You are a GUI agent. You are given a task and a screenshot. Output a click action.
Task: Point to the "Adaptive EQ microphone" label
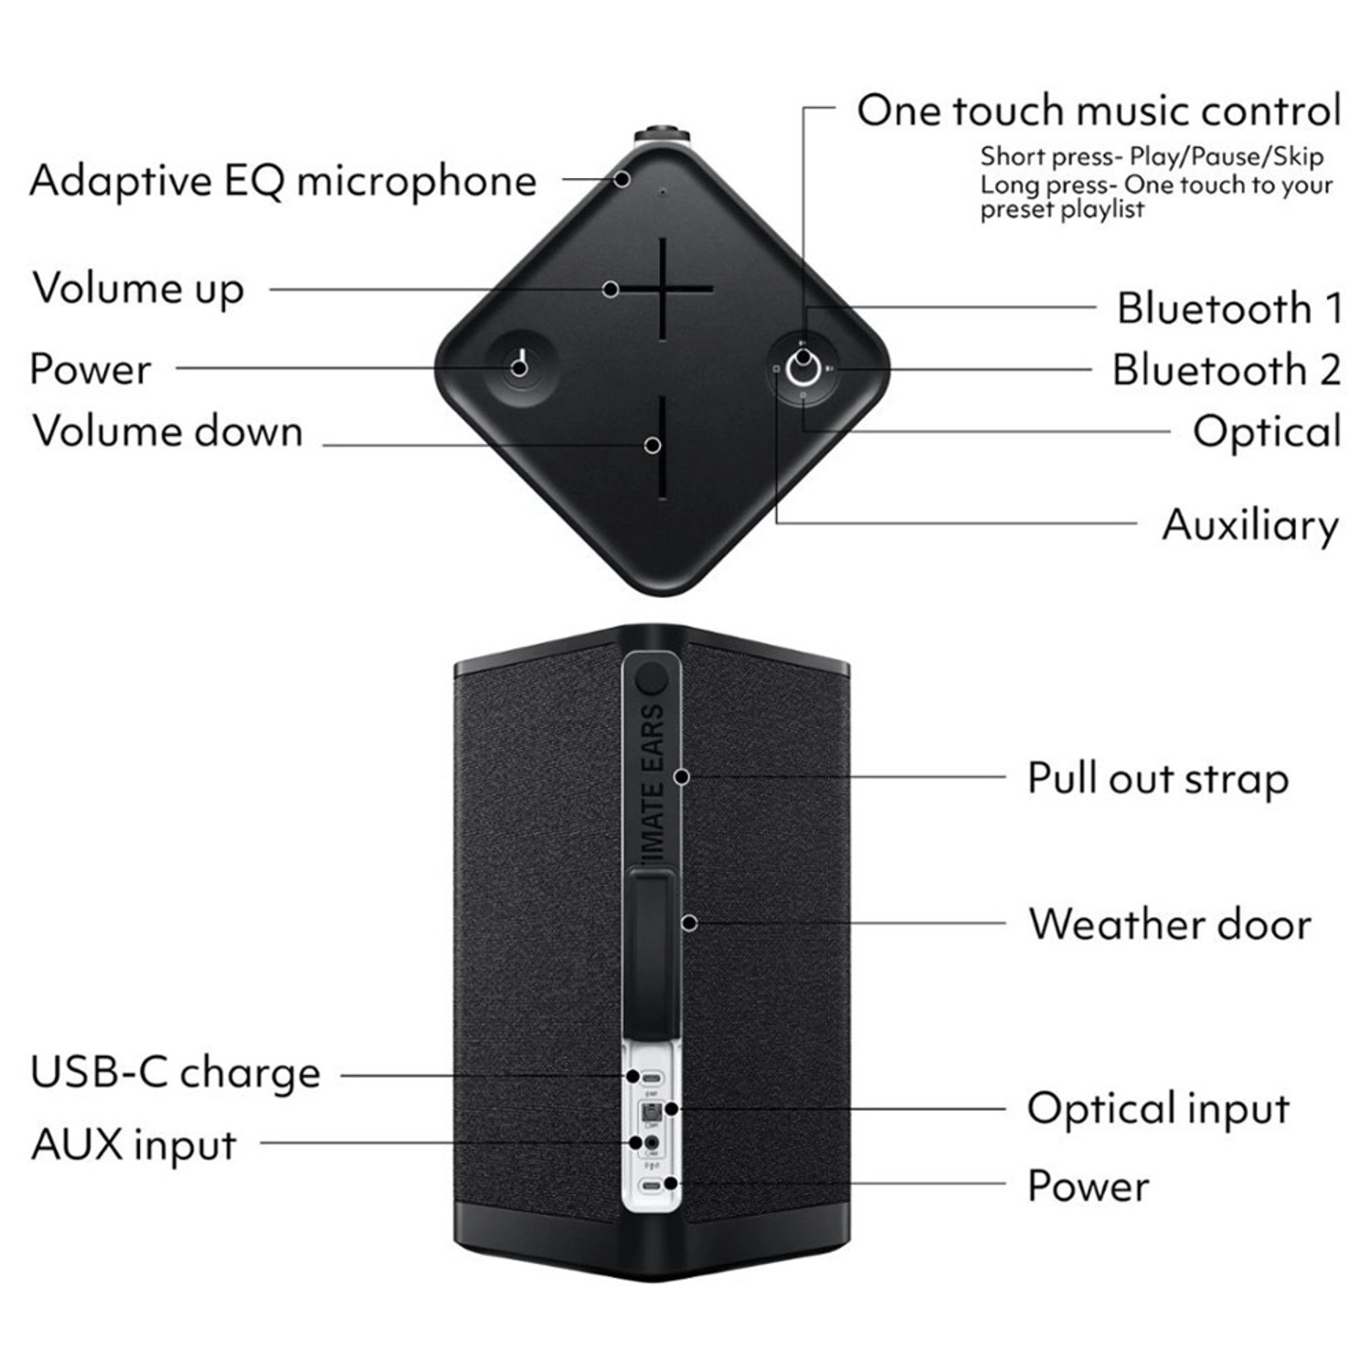pos(282,180)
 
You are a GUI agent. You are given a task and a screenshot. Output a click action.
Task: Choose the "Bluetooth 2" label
pos(1227,369)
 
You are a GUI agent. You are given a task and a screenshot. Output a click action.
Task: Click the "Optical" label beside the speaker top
pos(1267,431)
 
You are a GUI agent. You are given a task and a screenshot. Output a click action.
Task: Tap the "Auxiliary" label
pos(1250,525)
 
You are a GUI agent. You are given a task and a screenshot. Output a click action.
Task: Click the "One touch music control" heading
pos(1099,111)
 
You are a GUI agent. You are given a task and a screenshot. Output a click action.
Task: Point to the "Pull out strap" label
pos(1158,779)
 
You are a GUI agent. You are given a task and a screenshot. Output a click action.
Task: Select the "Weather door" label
pos(1170,923)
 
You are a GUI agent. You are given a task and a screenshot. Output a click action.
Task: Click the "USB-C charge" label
pos(175,1072)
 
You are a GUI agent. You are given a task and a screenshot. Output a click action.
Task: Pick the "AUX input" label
pos(133,1144)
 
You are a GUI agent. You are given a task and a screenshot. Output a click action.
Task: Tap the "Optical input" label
pos(1158,1109)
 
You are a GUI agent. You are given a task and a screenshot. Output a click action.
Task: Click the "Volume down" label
pos(167,430)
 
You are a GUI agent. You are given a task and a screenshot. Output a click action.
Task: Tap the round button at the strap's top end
pos(652,678)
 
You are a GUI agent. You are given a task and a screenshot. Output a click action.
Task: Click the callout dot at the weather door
pos(690,923)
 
